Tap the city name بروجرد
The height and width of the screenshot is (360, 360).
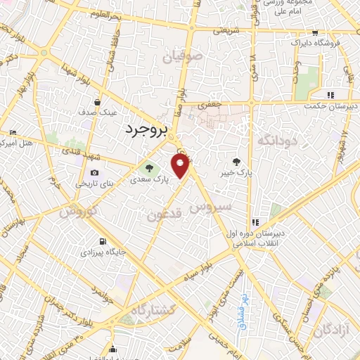tap(146, 129)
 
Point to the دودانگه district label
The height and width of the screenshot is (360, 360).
tap(274, 140)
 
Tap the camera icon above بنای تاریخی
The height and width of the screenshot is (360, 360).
tap(94, 173)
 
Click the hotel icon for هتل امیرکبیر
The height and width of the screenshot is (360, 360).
tap(13, 132)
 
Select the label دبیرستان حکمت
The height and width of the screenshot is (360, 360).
tap(332, 106)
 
